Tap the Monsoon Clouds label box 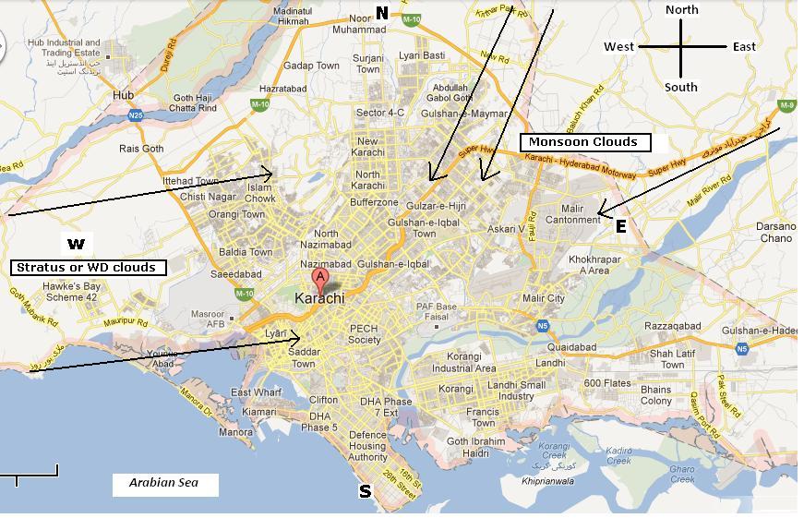pyautogui.click(x=584, y=142)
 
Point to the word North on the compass pyautogui.click(x=682, y=9)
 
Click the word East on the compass pyautogui.click(x=744, y=47)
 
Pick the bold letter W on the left pyautogui.click(x=76, y=245)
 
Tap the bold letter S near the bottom pyautogui.click(x=365, y=492)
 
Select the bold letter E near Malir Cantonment pyautogui.click(x=621, y=226)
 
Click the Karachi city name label pyautogui.click(x=318, y=299)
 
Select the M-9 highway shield pyautogui.click(x=786, y=106)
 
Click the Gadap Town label pyautogui.click(x=311, y=66)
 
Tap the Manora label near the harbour pyautogui.click(x=235, y=432)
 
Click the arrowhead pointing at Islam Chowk pyautogui.click(x=270, y=172)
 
